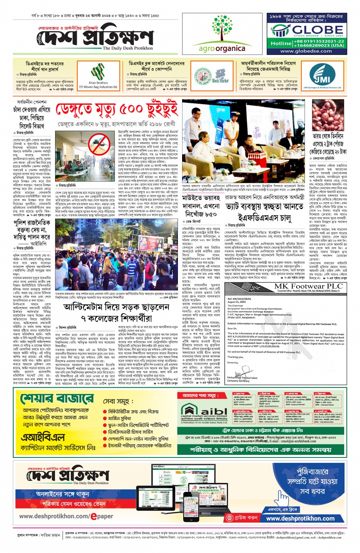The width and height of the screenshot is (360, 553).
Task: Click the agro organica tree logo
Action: [x=222, y=29]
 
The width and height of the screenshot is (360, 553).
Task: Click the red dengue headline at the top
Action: [x=117, y=110]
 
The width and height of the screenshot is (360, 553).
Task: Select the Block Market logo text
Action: [x=220, y=80]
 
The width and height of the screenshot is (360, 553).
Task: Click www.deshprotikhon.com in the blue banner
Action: [x=300, y=518]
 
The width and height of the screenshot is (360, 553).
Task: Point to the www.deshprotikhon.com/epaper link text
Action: [x=66, y=516]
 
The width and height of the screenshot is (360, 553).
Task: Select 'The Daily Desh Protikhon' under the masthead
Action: [x=128, y=48]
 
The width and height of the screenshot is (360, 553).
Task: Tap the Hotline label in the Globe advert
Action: [x=281, y=43]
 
